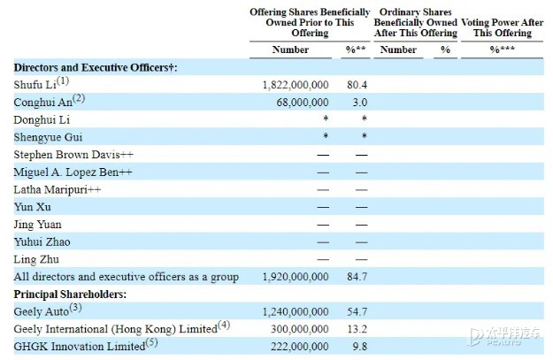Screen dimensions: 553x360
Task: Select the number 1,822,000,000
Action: pos(296,85)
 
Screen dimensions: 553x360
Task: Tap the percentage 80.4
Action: pos(357,85)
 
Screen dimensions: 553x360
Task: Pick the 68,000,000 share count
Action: pos(303,103)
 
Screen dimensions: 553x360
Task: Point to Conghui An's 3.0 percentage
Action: pos(360,103)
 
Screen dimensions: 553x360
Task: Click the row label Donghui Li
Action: pos(42,120)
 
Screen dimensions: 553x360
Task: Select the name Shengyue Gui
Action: pos(48,137)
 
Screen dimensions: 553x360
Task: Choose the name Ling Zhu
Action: pos(36,259)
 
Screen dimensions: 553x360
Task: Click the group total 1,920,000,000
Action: pos(296,277)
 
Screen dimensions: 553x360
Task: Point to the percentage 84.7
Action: pos(357,277)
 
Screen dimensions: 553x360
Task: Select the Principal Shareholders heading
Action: pos(70,294)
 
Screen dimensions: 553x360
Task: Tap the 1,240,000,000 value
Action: pos(296,311)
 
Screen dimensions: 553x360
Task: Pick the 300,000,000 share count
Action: pos(299,329)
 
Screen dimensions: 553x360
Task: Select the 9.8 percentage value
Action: pos(360,346)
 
